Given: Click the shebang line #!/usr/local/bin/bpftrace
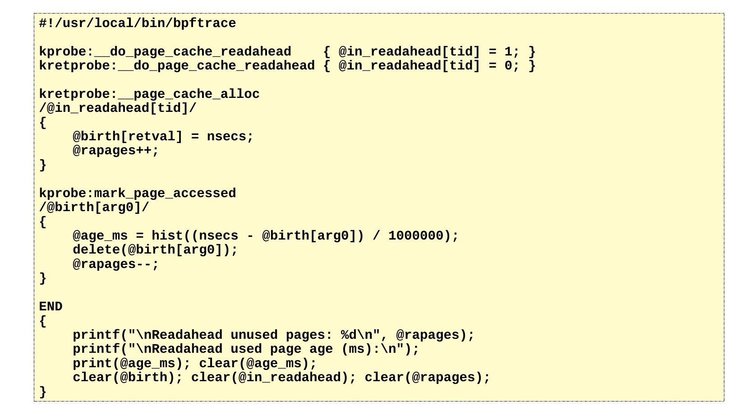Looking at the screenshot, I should click(x=137, y=23).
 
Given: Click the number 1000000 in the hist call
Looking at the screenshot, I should click(x=416, y=235).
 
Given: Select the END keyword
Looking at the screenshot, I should click(x=51, y=306).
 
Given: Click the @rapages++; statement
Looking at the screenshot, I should click(x=116, y=150).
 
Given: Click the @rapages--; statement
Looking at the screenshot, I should click(x=116, y=264).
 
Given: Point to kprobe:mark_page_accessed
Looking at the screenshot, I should click(x=137, y=193).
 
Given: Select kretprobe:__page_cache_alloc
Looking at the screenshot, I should click(x=149, y=94).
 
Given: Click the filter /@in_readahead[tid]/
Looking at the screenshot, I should click(x=118, y=108).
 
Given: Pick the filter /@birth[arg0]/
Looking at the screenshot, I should click(x=94, y=207).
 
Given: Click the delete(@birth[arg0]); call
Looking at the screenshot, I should click(x=155, y=249).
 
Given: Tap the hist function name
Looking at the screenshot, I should click(x=167, y=235).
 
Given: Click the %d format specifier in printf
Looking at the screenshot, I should click(x=349, y=335).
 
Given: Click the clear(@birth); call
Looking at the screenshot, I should click(x=128, y=377).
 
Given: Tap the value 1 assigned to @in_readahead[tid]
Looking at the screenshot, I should click(x=508, y=51).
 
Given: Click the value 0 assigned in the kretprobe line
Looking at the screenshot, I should click(x=508, y=66).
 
